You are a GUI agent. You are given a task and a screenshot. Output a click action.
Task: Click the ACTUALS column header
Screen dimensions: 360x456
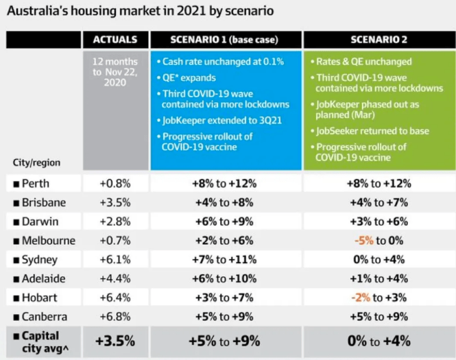[115, 40]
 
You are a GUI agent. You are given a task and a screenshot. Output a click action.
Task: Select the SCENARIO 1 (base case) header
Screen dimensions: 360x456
[225, 40]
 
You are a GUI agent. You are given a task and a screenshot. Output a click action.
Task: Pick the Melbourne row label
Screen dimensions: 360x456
[48, 241]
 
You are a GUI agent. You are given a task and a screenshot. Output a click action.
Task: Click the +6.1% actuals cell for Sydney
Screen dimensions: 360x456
[115, 260]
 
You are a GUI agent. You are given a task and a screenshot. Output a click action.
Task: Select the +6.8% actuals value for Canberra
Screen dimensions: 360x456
[115, 317]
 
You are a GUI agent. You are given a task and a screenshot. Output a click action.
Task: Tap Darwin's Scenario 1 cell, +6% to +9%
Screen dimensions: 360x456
[225, 221]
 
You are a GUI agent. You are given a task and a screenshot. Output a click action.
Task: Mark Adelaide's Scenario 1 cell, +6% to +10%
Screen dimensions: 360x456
[225, 279]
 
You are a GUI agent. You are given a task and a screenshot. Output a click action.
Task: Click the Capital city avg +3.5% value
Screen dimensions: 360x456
[115, 341]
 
